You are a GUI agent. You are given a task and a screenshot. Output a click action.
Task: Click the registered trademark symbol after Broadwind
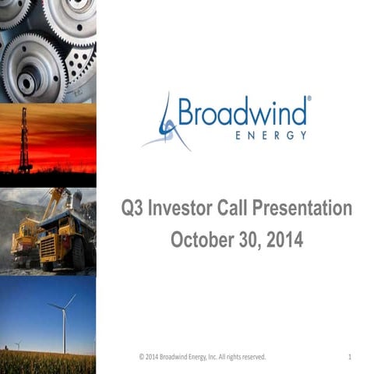[309, 100]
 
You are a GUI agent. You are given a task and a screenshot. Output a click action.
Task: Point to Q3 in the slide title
[135, 210]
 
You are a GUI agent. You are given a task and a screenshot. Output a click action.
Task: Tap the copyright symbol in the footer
[142, 357]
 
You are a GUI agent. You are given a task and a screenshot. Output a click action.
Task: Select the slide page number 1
[350, 357]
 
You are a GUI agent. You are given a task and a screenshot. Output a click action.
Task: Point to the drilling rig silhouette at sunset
[25, 140]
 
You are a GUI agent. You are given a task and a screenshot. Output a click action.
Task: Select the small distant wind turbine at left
[17, 344]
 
